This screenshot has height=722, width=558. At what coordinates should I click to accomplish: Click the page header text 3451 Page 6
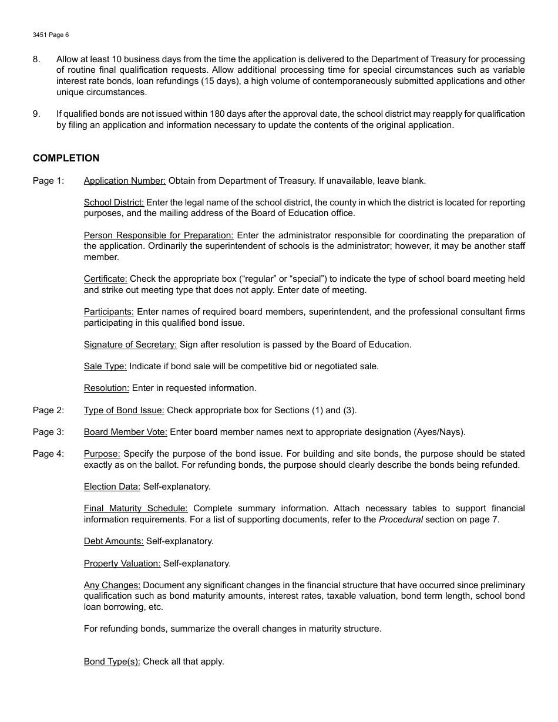pos(51,35)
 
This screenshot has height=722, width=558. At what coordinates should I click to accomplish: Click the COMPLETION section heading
pos(66,158)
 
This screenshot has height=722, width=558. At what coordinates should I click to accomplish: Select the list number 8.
pos(36,59)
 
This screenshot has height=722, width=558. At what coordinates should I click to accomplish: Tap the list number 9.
pos(36,114)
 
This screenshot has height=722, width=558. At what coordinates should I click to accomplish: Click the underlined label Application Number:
pos(125,181)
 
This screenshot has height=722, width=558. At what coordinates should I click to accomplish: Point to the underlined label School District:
pos(114,203)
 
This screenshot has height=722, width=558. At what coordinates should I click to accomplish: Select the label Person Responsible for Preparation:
pos(159,235)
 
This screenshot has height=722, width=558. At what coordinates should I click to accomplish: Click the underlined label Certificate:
pos(106,279)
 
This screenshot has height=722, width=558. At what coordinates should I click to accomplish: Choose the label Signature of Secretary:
pos(130,345)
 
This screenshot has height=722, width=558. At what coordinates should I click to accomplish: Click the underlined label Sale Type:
pos(105,366)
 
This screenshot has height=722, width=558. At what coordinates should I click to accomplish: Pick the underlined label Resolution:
pos(106,388)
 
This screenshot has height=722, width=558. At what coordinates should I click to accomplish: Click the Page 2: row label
pos(48,410)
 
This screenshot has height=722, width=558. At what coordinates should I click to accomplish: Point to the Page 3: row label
pos(48,432)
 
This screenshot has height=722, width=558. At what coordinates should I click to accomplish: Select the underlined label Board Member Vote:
pos(126,432)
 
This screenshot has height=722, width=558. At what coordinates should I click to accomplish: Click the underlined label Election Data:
pos(112,487)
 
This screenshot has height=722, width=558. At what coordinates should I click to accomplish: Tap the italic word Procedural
pos(401,519)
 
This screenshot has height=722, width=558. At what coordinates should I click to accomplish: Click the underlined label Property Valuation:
pos(122,564)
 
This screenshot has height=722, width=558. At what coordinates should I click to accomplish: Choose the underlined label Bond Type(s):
pos(112,662)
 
